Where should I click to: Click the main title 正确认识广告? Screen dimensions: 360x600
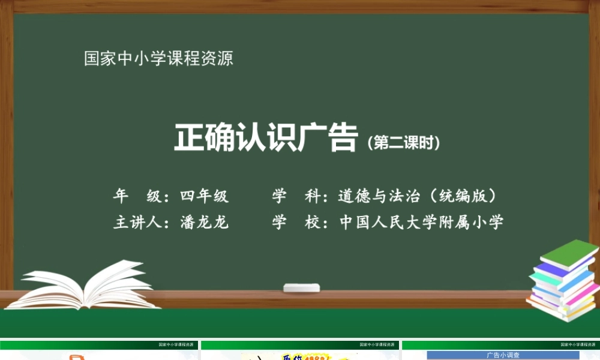click(x=266, y=137)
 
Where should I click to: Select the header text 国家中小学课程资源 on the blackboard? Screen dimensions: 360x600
click(x=158, y=59)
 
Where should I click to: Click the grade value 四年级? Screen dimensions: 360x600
click(x=204, y=196)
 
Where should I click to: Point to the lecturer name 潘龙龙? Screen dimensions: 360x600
click(x=204, y=223)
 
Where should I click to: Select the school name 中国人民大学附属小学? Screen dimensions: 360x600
click(x=421, y=223)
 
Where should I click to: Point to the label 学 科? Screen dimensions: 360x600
click(x=295, y=196)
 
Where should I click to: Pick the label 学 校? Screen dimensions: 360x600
click(x=295, y=223)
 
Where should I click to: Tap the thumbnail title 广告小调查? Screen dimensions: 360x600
click(x=503, y=355)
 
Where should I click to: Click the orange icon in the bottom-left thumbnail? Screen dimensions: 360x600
click(x=76, y=357)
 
